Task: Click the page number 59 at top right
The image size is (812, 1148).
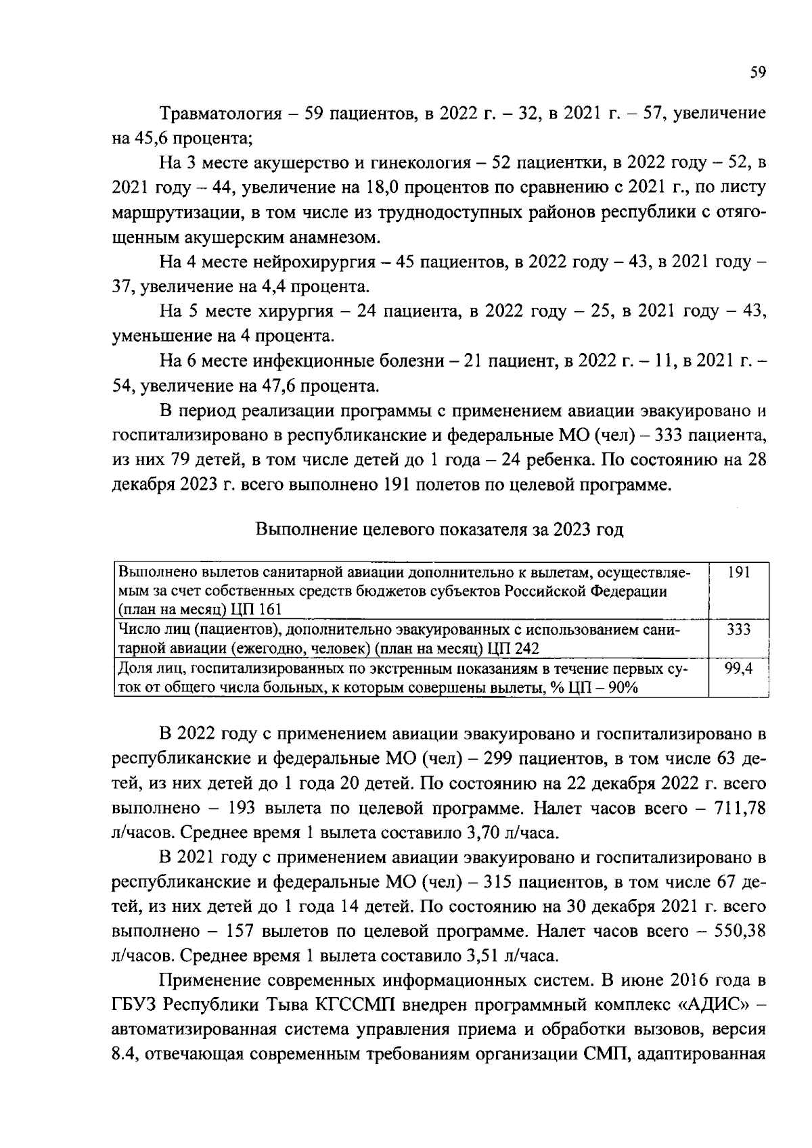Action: pyautogui.click(x=757, y=72)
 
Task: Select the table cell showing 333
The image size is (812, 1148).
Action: pyautogui.click(x=739, y=630)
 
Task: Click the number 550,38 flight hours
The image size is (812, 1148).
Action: pyautogui.click(x=736, y=931)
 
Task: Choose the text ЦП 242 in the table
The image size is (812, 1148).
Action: pyautogui.click(x=513, y=648)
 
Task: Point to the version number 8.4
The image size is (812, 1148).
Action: pyautogui.click(x=125, y=1055)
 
